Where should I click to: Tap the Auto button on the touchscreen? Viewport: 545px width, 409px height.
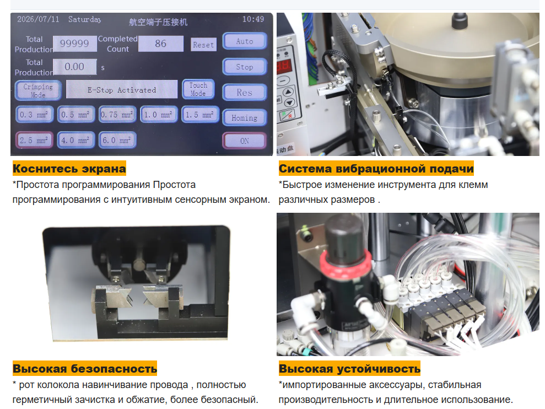tap(245, 41)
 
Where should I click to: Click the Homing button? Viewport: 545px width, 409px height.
tap(245, 118)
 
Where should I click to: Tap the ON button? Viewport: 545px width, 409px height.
tap(245, 141)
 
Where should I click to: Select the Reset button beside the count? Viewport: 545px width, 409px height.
tap(203, 45)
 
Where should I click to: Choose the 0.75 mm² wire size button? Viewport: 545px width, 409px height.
tap(117, 115)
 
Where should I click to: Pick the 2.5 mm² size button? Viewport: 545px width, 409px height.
tap(34, 140)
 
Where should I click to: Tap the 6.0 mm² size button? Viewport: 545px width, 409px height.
tap(117, 140)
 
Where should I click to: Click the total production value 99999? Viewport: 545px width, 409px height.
tap(75, 44)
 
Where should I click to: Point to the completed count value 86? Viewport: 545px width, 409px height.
tap(160, 44)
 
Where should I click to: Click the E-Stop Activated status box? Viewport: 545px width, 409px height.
tap(122, 90)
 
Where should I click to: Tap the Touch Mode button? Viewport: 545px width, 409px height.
tap(198, 89)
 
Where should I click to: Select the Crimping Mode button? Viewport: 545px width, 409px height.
tap(38, 90)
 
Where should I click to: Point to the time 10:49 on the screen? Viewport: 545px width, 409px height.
tap(253, 19)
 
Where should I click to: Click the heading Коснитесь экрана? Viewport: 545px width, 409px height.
tap(69, 169)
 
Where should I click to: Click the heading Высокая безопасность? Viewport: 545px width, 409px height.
tap(85, 369)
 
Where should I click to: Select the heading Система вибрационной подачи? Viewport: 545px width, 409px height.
tap(376, 169)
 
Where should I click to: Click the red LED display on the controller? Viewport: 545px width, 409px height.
tap(284, 66)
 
